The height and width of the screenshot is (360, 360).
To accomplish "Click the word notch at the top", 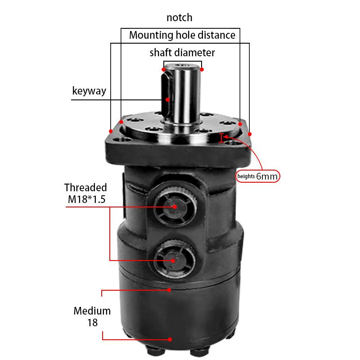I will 179,18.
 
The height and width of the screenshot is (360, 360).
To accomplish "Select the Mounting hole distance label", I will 182,35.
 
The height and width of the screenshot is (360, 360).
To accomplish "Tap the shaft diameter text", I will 182,53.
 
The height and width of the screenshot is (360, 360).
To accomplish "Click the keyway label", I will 89,91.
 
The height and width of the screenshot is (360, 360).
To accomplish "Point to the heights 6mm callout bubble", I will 257,176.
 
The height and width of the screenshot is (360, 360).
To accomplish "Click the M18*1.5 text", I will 85,199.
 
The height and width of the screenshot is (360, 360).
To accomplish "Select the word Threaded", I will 85,187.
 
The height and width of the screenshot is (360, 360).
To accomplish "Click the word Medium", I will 92,310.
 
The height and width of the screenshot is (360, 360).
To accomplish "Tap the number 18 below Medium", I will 92,322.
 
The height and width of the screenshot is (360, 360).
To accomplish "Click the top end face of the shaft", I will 182,67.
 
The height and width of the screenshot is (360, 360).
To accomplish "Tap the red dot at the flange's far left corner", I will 111,131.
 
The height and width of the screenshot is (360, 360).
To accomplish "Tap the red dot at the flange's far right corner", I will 250,134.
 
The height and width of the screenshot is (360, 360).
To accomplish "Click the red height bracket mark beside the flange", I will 221,138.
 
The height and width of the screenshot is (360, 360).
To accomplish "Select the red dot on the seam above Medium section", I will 170,290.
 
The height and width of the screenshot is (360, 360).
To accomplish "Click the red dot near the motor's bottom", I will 170,340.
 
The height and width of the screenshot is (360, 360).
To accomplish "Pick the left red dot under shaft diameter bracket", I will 163,70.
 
